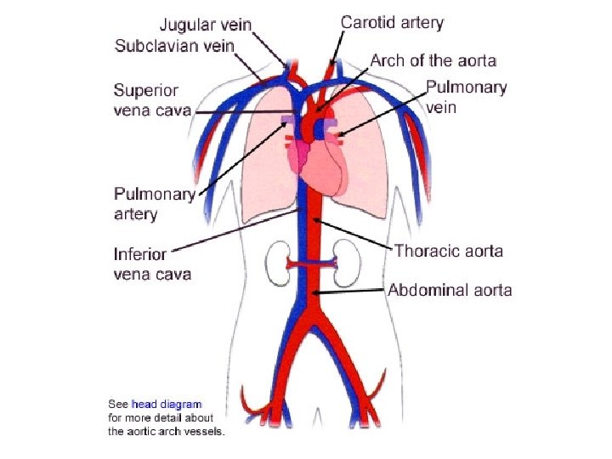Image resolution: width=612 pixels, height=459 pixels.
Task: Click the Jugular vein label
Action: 207,25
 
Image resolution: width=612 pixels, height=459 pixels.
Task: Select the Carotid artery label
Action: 392,23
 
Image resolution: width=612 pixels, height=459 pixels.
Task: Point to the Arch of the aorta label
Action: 433,60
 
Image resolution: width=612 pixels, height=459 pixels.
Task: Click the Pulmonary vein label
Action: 466,97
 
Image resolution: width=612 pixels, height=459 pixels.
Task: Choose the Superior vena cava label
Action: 152,100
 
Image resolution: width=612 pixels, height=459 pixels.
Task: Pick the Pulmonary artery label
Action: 155,204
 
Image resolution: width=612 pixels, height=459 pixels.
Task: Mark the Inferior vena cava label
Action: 152,263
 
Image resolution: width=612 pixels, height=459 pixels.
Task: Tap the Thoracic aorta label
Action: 448,251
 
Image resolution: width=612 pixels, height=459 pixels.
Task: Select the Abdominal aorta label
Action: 450,290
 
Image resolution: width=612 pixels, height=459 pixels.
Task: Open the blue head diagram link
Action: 166,404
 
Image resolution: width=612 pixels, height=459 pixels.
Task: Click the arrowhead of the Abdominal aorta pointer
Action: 315,293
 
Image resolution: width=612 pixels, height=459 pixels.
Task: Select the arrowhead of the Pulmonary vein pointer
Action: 339,133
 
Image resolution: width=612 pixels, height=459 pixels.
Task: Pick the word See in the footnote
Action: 118,404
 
